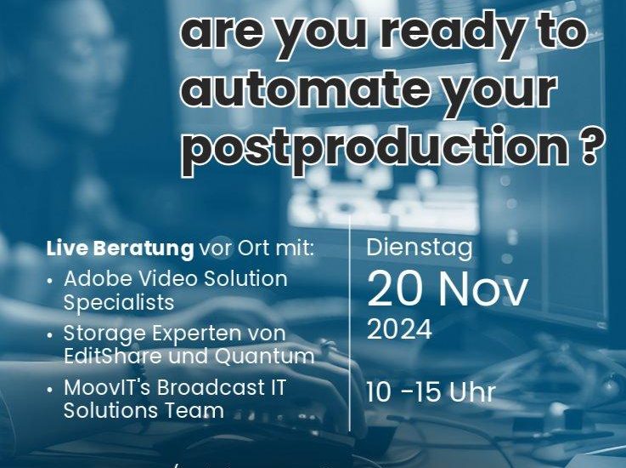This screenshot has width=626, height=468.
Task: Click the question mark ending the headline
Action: point(593,146)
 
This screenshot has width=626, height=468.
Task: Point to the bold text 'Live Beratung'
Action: point(120,249)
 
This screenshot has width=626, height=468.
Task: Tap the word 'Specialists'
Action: point(119,303)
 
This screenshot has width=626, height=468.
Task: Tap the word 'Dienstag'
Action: point(420,248)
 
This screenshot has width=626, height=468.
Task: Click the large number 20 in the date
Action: point(394,288)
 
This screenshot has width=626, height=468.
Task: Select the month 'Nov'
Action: point(483,288)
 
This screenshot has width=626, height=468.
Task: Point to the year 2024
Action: point(399,330)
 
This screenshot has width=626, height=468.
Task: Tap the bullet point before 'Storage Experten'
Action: point(49,334)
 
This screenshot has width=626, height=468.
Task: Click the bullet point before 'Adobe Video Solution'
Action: point(49,281)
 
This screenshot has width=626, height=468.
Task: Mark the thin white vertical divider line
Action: point(350,323)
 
